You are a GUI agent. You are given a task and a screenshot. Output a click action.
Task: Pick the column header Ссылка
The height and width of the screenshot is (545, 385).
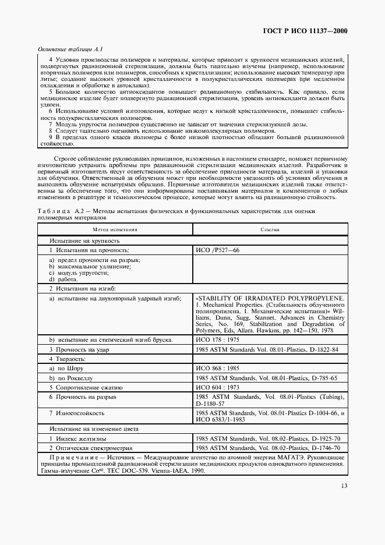click(x=270, y=229)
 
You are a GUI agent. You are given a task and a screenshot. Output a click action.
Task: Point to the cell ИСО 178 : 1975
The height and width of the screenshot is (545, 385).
click(x=218, y=339)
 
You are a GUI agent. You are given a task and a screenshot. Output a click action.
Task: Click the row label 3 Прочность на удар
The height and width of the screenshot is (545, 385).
click(x=79, y=349)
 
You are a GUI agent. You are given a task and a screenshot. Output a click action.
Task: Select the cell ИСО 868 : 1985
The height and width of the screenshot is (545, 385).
click(x=218, y=369)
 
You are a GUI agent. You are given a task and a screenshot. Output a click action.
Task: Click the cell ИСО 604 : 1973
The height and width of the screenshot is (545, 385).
click(x=218, y=387)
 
